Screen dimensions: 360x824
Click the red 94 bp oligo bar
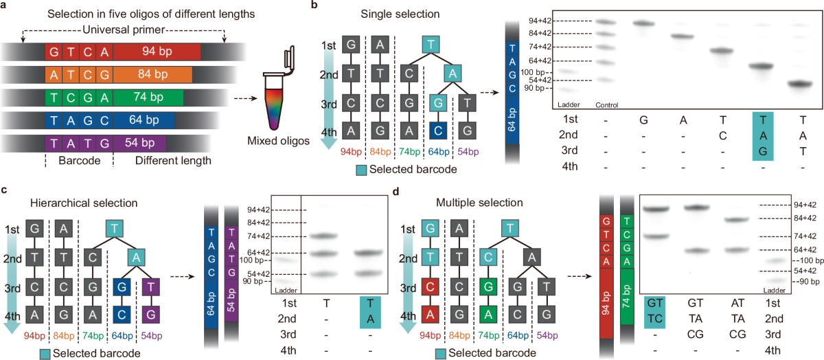pos(157,52)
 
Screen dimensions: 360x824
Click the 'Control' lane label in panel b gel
pos(608,105)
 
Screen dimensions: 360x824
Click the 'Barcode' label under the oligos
pos(77,162)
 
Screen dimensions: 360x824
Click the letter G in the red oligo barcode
pos(54,52)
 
